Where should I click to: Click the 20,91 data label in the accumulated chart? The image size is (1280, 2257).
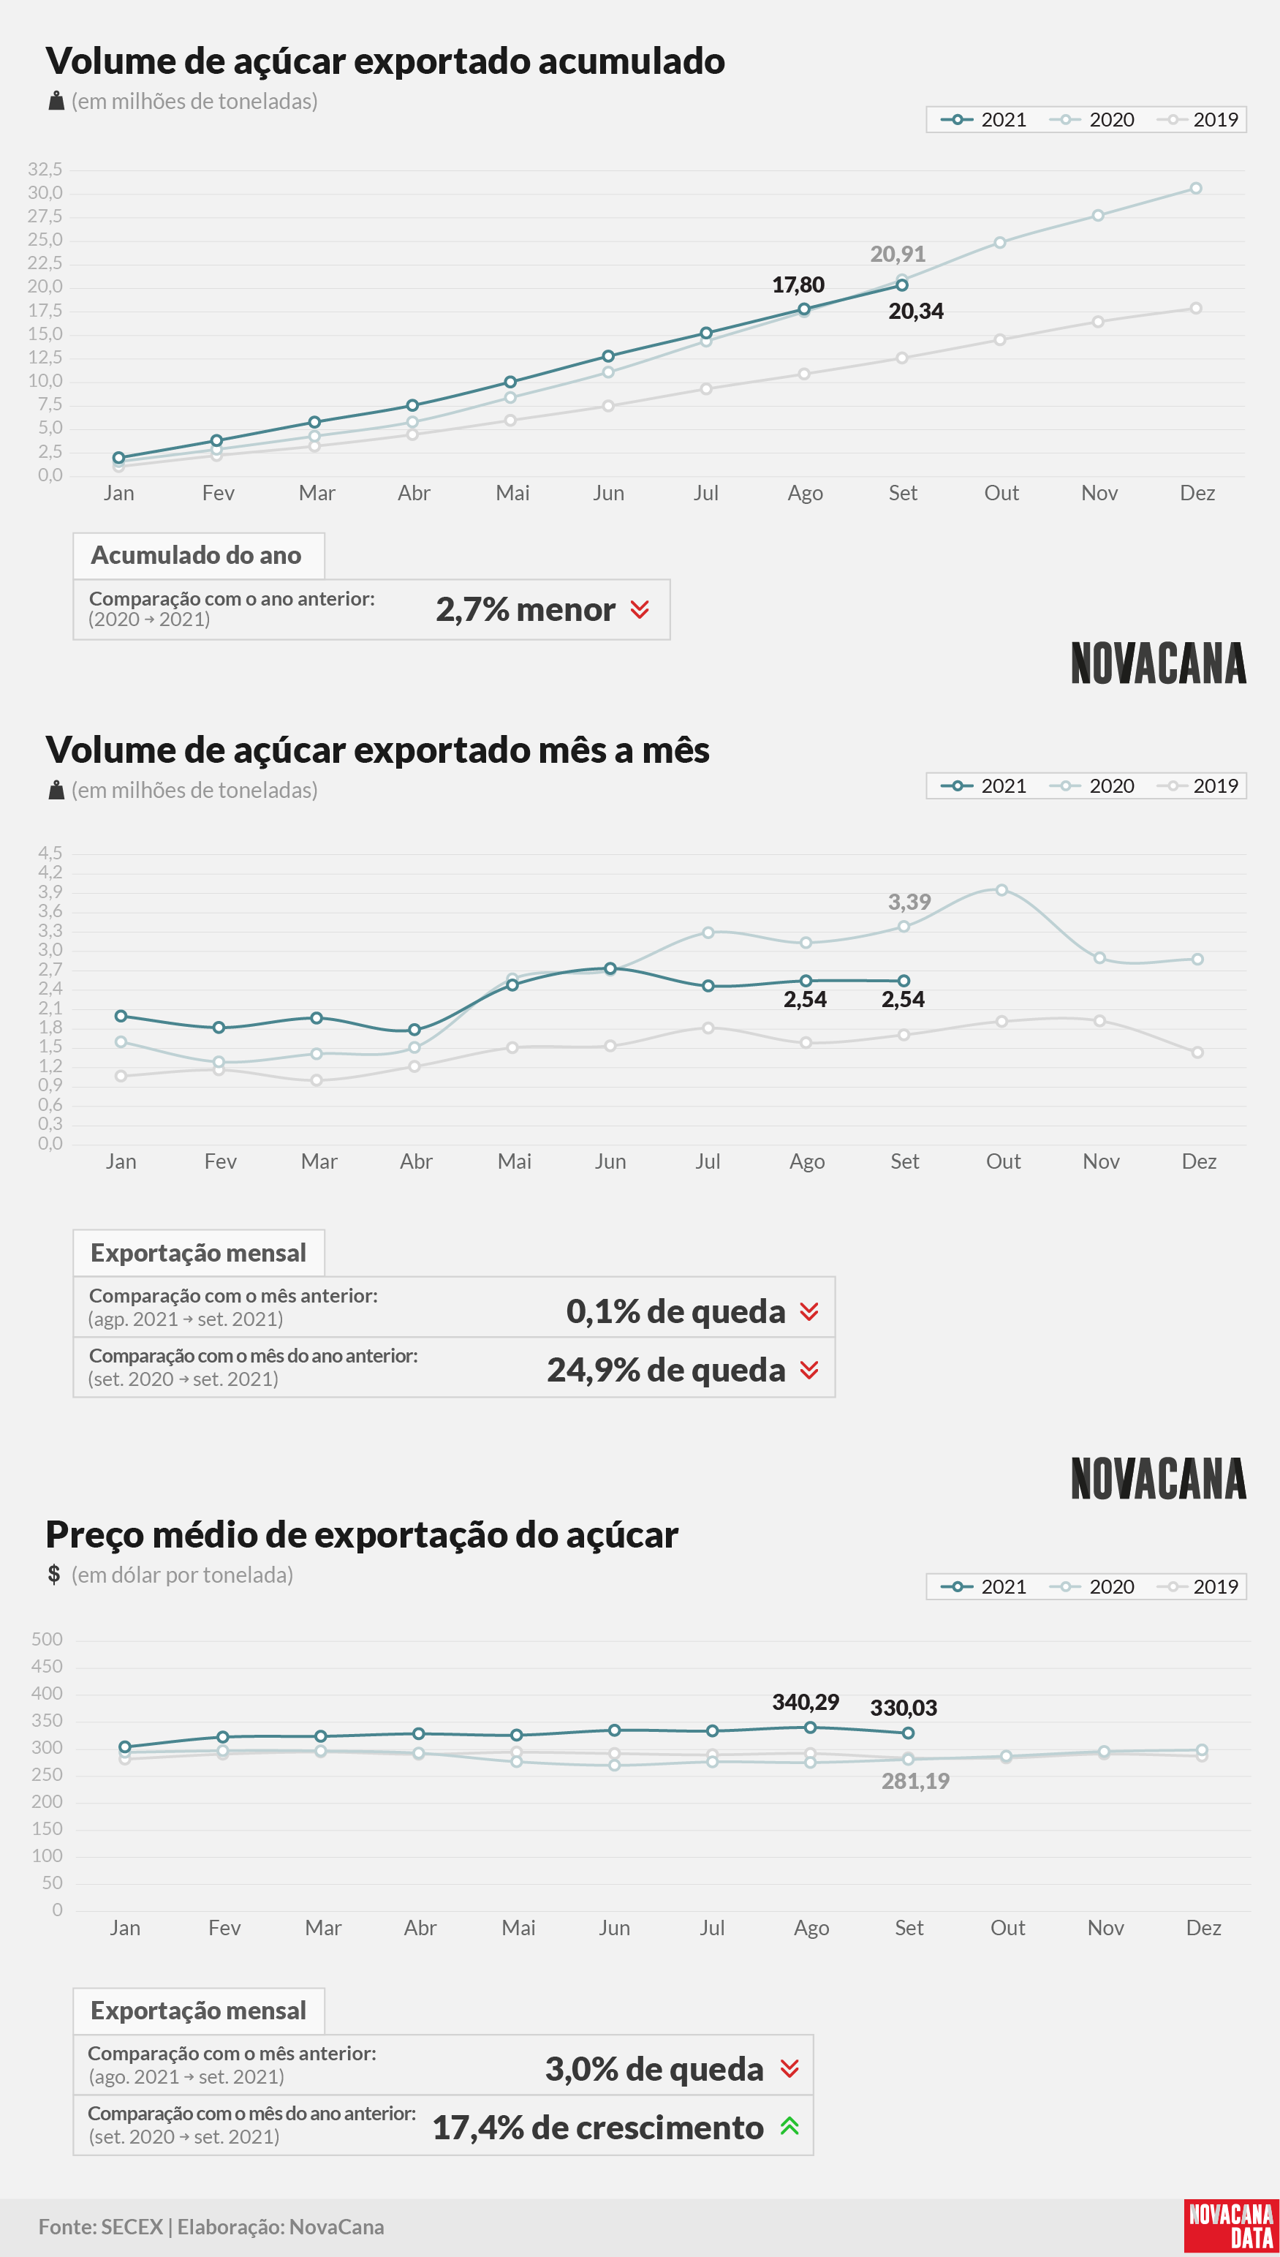898,255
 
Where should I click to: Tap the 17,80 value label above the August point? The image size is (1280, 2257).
798,285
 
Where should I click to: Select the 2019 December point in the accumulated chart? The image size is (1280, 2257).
1196,308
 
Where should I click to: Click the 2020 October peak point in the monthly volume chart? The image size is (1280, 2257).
1001,890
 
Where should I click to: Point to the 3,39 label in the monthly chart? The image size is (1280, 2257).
909,902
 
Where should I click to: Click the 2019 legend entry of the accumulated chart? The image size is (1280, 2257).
1197,120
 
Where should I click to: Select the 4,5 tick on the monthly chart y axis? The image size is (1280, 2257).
50,852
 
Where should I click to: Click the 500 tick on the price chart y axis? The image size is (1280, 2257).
47,1639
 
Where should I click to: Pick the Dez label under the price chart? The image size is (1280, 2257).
1203,1927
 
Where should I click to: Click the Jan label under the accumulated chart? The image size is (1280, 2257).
118,492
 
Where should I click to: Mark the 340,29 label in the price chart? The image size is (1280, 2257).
806,1702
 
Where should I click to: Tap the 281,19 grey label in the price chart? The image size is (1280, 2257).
915,1781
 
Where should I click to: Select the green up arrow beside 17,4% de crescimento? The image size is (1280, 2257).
789,2126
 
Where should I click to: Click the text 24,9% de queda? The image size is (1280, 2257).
665,1370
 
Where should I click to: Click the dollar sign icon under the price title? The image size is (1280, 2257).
53,1574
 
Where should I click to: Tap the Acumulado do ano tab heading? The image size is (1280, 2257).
196,555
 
